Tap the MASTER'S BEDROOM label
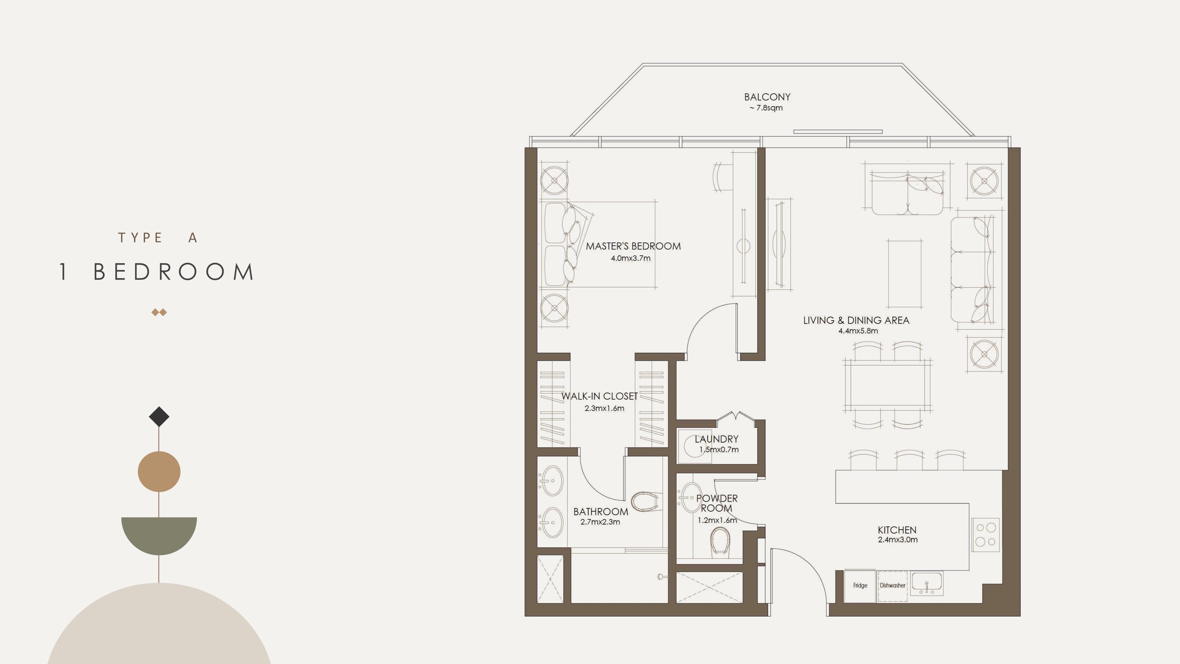coord(633,246)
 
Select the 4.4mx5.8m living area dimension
coord(858,331)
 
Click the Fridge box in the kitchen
coord(860,586)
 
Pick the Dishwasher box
coord(892,586)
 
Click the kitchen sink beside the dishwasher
coord(927,583)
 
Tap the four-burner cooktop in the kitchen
coord(985,535)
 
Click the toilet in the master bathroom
coord(646,501)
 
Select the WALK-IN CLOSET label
coord(600,396)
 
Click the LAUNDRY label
coord(717,439)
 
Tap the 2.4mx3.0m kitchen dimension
coord(897,540)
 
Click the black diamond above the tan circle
coord(159,416)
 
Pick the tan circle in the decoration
coord(159,472)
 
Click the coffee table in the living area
coord(905,274)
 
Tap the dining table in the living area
coord(887,385)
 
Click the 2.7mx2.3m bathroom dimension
coord(600,522)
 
